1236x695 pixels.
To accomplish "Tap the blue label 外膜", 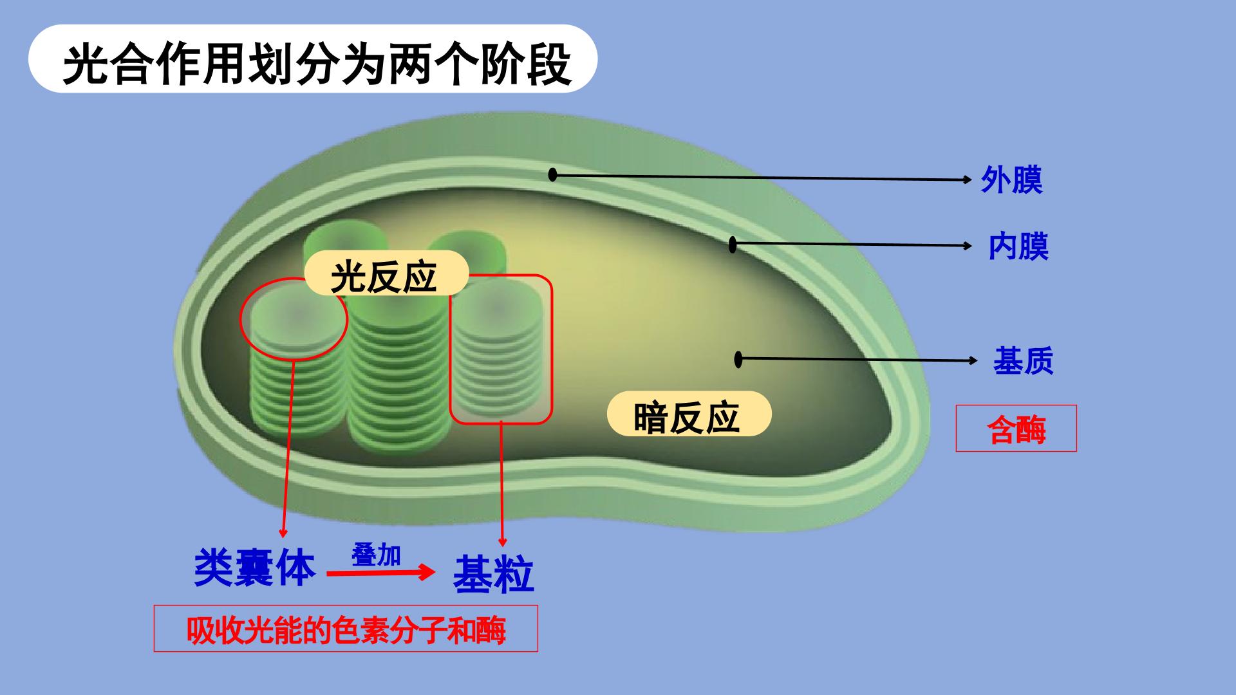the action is [1012, 180].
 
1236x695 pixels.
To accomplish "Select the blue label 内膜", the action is [1019, 246].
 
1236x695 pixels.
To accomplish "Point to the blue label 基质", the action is [1023, 360].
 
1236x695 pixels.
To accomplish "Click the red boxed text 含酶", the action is [1016, 429].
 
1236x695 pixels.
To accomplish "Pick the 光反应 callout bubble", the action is [386, 274].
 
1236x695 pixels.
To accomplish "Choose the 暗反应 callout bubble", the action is [689, 415].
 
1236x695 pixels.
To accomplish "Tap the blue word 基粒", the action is [494, 574].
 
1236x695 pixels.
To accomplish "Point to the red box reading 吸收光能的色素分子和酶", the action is [346, 629].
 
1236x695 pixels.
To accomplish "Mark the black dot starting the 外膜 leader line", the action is [552, 174].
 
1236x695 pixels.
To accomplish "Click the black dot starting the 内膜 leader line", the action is [732, 245].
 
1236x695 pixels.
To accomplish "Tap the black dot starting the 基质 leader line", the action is [738, 359].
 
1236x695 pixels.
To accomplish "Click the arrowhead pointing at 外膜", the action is [967, 180].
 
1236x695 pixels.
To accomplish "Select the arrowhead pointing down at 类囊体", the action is [282, 533].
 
